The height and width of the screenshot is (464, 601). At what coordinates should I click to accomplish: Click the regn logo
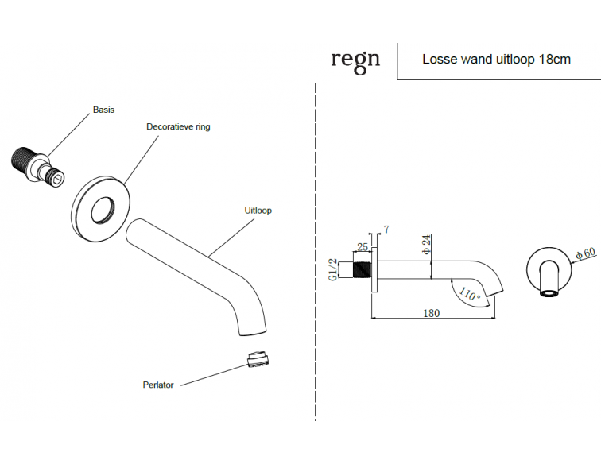355,61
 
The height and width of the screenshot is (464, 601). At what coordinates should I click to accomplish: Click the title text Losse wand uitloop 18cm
496,60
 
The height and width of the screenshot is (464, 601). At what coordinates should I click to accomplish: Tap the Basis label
103,110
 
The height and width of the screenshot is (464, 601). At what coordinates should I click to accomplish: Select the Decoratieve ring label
178,127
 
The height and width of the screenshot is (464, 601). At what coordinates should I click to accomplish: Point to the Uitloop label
258,211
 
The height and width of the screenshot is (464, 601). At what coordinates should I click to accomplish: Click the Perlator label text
158,385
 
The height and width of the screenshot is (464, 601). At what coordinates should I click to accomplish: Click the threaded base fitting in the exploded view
37,164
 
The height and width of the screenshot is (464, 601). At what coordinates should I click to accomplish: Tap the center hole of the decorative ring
103,210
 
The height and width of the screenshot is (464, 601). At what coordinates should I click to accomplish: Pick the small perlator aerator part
258,360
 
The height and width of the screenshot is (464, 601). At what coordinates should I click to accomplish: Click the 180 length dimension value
431,313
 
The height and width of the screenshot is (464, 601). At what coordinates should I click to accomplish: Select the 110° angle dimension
469,295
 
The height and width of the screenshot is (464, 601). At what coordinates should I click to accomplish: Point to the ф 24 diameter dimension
426,245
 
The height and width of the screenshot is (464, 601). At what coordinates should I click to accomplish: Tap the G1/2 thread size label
333,270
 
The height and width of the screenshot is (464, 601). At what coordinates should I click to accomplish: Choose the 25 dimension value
363,247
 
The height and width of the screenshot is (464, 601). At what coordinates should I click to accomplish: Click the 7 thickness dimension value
386,229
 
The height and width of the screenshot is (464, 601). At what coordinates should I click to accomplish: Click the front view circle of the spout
549,270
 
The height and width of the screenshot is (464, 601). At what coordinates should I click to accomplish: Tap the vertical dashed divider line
315,252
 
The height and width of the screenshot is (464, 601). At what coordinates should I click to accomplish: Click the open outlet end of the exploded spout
253,332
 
